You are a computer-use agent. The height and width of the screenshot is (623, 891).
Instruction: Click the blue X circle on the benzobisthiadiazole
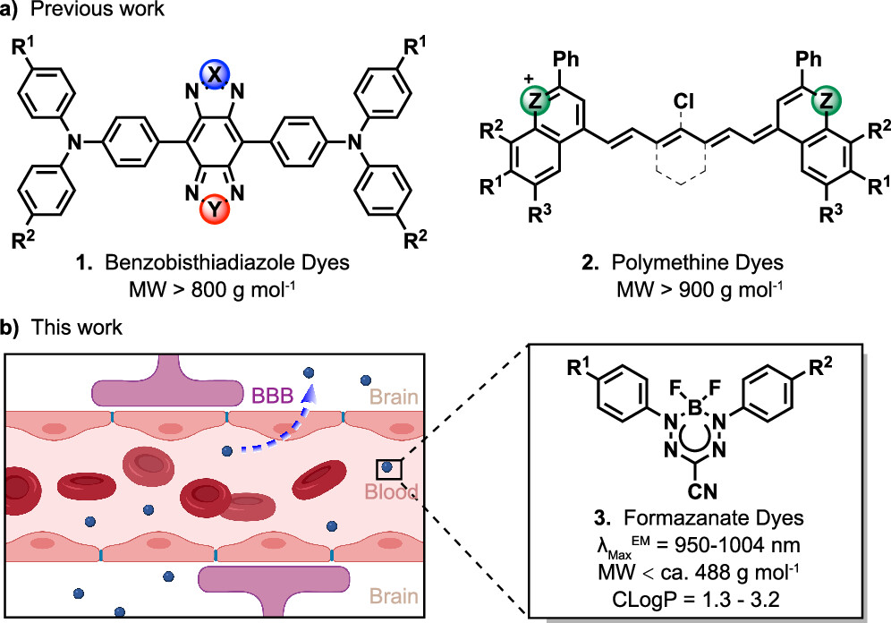pyautogui.click(x=214, y=78)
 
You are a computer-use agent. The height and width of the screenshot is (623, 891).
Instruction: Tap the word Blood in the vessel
pyautogui.click(x=386, y=492)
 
